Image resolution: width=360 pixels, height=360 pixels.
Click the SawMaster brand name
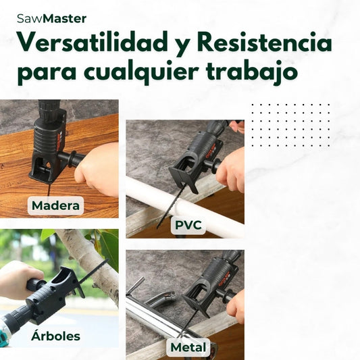point(51,19)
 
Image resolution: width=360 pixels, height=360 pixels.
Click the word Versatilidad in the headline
point(93,42)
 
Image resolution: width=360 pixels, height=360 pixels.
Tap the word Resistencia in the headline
point(264,42)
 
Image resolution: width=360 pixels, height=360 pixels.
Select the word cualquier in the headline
point(140,72)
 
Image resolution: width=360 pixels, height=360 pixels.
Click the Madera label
point(55,205)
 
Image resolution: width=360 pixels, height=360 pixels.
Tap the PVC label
point(188,225)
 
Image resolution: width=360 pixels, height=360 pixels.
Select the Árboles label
point(55,336)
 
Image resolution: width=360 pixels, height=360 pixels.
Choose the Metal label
point(188,347)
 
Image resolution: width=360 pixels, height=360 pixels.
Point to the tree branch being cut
point(92,264)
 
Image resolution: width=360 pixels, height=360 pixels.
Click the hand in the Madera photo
point(97,171)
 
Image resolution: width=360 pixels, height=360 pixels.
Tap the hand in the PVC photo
point(231,170)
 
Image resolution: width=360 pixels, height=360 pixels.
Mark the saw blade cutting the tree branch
point(94,271)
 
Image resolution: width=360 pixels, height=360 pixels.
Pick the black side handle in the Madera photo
point(71,158)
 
